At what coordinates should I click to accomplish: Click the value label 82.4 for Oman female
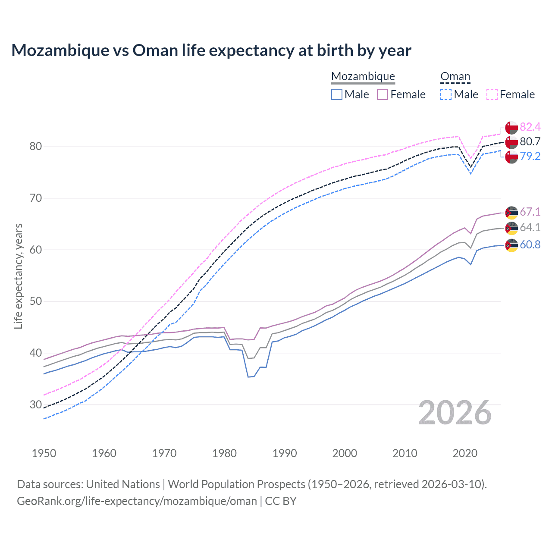pos(530,127)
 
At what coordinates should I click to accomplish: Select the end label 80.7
pos(530,141)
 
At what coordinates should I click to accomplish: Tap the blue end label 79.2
pos(530,156)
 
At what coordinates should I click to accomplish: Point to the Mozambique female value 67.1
pos(530,212)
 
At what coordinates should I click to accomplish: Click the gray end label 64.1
pos(530,227)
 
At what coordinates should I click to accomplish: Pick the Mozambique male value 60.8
pos(530,245)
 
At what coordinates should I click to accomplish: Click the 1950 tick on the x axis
pos(44,453)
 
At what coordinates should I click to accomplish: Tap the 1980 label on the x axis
pos(224,453)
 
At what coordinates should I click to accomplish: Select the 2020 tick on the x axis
pos(465,453)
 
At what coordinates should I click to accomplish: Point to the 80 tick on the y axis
pos(36,147)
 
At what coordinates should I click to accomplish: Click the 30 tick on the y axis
pos(36,405)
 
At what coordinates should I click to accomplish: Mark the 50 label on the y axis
pos(36,301)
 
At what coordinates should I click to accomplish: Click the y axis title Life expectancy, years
pos(18,276)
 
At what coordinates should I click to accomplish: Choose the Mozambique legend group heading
pos(363,76)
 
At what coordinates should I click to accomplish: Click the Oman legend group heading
pos(455,76)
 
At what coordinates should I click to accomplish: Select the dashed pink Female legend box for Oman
pos(492,94)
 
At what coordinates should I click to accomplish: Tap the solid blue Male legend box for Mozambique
pos(337,94)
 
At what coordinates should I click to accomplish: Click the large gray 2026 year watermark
pos(455,413)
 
